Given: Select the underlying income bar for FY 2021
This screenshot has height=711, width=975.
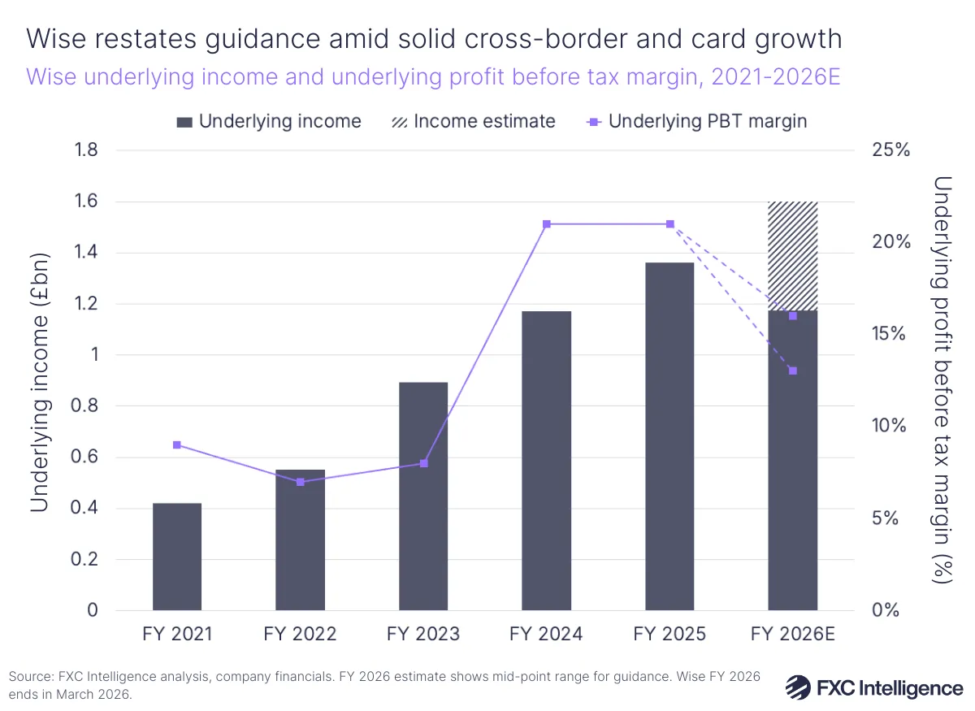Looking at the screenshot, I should click(x=177, y=557).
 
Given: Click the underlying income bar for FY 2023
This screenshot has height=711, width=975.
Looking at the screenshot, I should click(x=423, y=496).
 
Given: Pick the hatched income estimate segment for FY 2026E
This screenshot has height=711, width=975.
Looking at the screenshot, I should click(x=793, y=256).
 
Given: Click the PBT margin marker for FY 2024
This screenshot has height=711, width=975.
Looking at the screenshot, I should click(x=547, y=224).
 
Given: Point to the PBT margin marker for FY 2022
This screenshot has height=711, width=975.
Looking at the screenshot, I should click(x=301, y=482).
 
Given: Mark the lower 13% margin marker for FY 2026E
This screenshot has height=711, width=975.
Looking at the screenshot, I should click(x=793, y=371).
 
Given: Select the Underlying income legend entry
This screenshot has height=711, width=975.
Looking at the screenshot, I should click(x=269, y=122).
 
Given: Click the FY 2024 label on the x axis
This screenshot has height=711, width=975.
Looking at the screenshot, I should click(x=547, y=634).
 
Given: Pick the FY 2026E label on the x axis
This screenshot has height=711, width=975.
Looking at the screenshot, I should click(x=793, y=634).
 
